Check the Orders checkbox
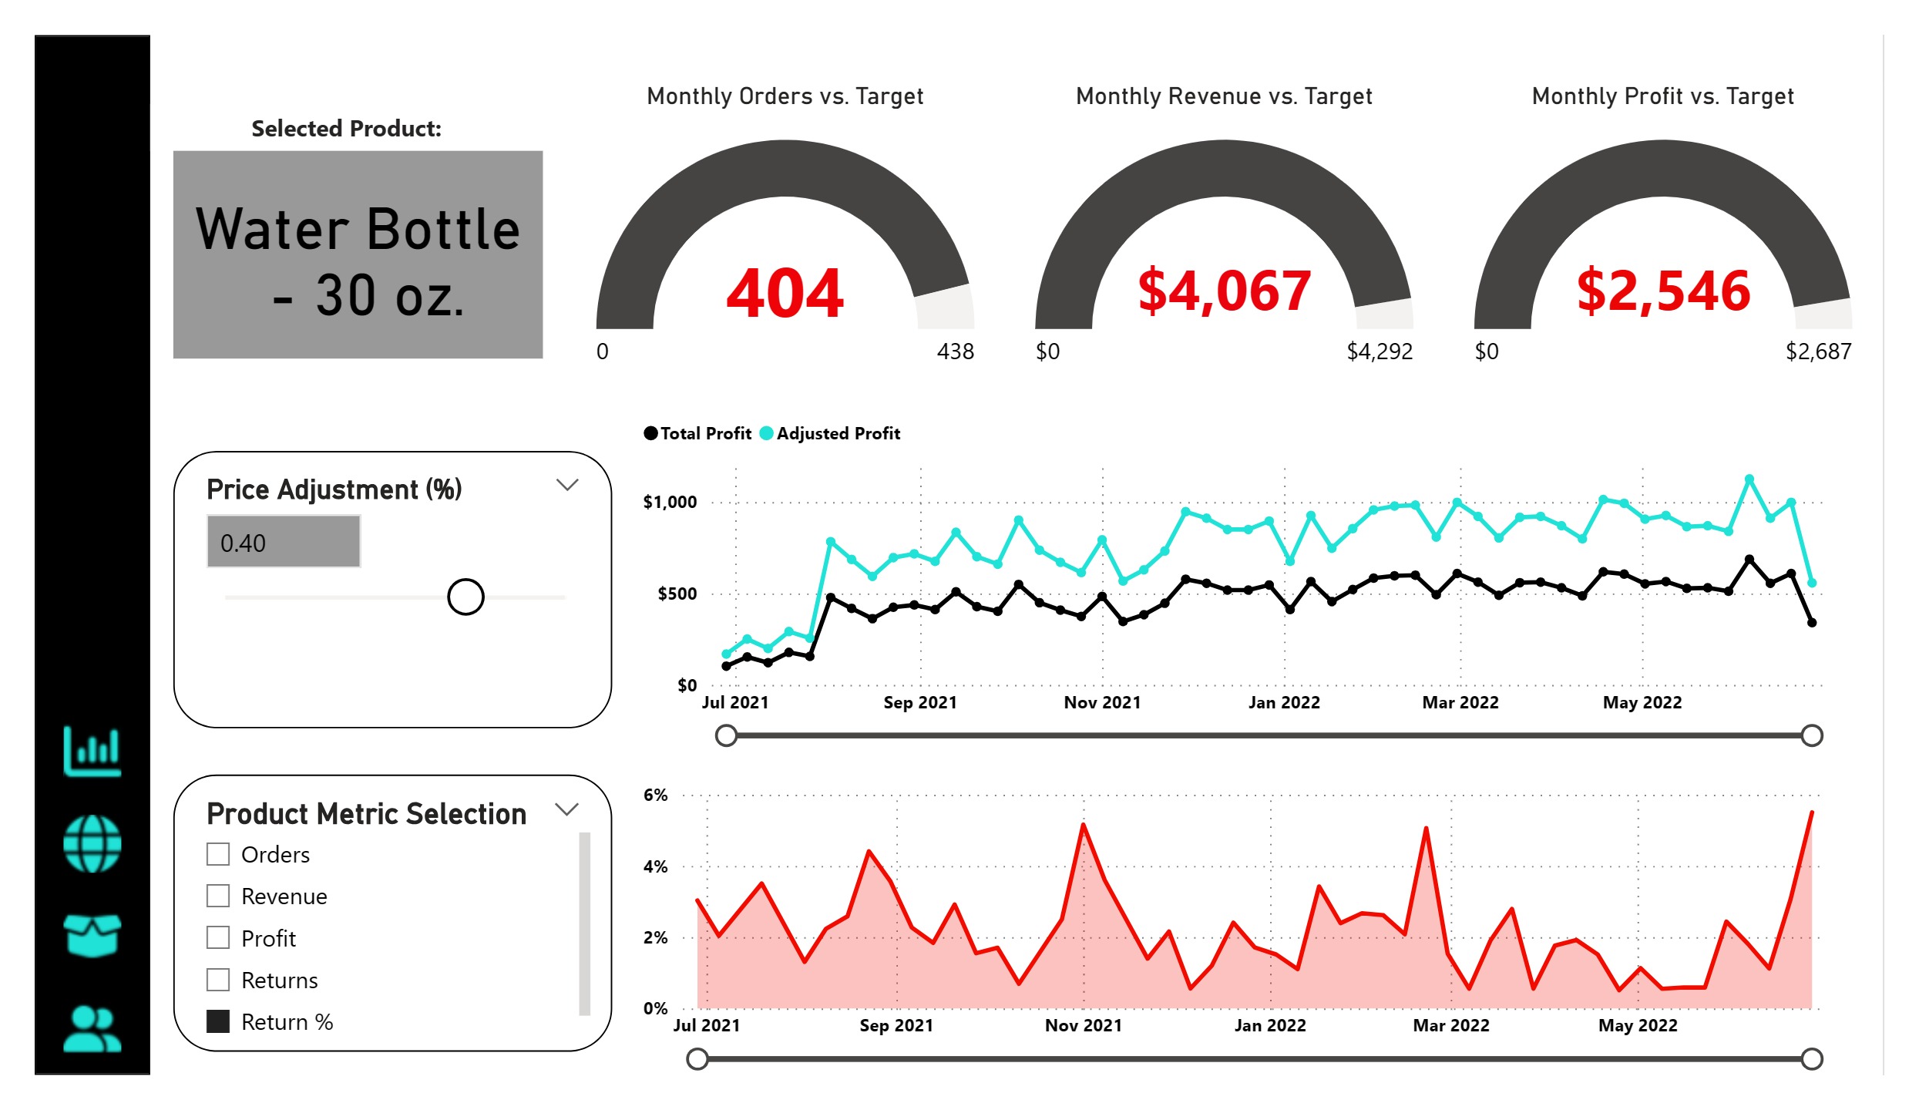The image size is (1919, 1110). (x=218, y=854)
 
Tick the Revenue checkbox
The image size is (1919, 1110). (x=218, y=896)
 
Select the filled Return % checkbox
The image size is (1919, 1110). (x=218, y=1021)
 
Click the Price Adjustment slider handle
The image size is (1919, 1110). (x=465, y=597)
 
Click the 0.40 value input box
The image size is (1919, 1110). (x=284, y=542)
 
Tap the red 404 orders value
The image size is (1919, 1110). (x=785, y=293)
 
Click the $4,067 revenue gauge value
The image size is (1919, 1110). (x=1224, y=291)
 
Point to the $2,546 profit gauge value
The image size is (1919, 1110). (x=1663, y=291)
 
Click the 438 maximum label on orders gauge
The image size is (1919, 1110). (x=955, y=351)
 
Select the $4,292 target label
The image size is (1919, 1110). (x=1379, y=351)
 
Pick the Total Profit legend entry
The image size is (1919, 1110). (x=698, y=433)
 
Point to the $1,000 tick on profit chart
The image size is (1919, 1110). (x=670, y=502)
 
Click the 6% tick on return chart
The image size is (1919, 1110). (x=655, y=795)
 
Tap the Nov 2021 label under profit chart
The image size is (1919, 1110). (x=1102, y=702)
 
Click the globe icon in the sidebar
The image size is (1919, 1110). (x=92, y=843)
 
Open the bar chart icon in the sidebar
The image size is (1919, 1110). (x=92, y=751)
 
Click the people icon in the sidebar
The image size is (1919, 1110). (x=92, y=1029)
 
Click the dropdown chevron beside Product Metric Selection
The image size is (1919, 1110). (x=566, y=809)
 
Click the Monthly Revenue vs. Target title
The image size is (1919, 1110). (x=1224, y=96)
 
